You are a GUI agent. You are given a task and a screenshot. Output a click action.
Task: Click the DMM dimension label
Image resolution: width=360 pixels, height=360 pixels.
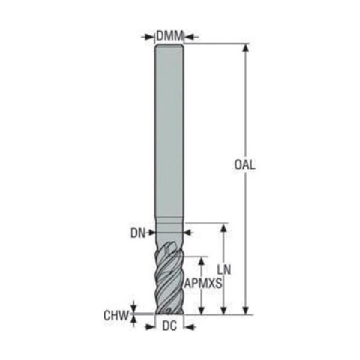170,36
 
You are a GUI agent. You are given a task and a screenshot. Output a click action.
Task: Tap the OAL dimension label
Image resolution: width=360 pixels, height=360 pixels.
245,164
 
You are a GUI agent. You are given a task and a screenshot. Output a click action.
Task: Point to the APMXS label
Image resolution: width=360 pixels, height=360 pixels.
203,283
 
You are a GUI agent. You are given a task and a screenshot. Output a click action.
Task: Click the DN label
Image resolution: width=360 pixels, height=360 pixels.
138,233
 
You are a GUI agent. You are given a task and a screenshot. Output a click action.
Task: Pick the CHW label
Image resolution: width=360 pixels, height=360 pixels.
116,315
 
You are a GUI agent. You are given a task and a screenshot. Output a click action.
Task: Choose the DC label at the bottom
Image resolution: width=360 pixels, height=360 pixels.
169,326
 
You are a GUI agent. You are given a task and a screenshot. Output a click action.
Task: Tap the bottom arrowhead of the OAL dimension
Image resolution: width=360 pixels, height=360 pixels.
246,310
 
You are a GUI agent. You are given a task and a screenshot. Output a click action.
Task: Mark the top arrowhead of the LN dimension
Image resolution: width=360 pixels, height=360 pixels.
223,228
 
